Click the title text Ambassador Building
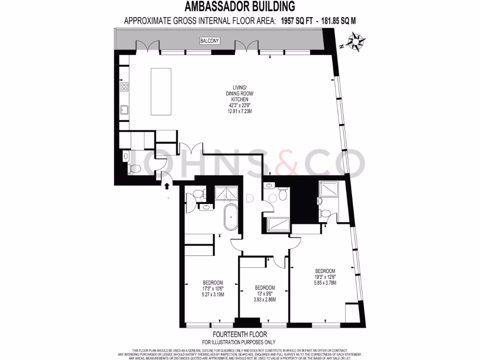(240, 7)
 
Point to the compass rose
(358, 42)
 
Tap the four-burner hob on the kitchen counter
(125, 87)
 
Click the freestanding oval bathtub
(231, 218)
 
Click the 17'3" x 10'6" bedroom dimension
(213, 288)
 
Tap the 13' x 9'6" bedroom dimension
(264, 293)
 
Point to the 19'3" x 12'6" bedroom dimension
(325, 277)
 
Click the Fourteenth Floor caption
(240, 335)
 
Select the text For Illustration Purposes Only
(240, 342)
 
